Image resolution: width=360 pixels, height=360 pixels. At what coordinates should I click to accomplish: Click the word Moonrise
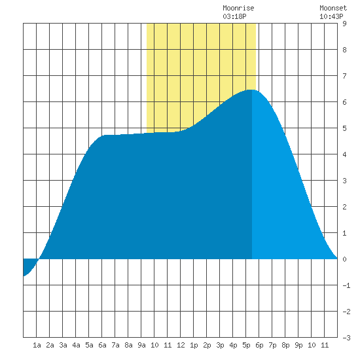pyautogui.click(x=238, y=9)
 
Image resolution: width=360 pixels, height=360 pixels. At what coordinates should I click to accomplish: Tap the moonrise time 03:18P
pyautogui.click(x=234, y=16)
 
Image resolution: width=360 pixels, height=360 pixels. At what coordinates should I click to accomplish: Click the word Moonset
pyautogui.click(x=333, y=9)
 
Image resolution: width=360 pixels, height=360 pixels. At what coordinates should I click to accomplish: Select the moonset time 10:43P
pyautogui.click(x=331, y=16)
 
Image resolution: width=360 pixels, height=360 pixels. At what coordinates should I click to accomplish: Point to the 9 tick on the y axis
pyautogui.click(x=344, y=24)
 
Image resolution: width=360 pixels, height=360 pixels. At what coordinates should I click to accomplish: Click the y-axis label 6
pyautogui.click(x=344, y=102)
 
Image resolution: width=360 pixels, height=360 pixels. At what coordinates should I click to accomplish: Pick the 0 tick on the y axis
pyautogui.click(x=344, y=259)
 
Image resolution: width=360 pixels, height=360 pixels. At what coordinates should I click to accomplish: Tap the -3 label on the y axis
pyautogui.click(x=346, y=338)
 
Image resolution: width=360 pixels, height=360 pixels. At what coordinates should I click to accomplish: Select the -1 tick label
pyautogui.click(x=346, y=285)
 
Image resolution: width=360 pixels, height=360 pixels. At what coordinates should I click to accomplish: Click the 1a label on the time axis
pyautogui.click(x=37, y=345)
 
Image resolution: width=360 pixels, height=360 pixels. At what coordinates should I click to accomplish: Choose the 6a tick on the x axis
pyautogui.click(x=102, y=345)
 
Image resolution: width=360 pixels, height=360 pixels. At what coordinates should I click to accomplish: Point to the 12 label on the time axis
pyautogui.click(x=181, y=345)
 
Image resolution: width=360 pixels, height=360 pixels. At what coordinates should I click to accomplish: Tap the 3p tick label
pyautogui.click(x=220, y=345)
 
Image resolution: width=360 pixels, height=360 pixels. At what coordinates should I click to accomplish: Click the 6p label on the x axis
pyautogui.click(x=259, y=345)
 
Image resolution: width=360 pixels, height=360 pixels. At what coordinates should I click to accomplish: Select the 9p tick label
pyautogui.click(x=298, y=345)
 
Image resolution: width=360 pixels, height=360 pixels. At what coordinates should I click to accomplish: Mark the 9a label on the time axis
pyautogui.click(x=141, y=345)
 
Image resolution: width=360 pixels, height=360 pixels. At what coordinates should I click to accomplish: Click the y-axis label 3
pyautogui.click(x=344, y=181)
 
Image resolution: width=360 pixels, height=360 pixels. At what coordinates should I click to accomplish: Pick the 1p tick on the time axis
pyautogui.click(x=194, y=345)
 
